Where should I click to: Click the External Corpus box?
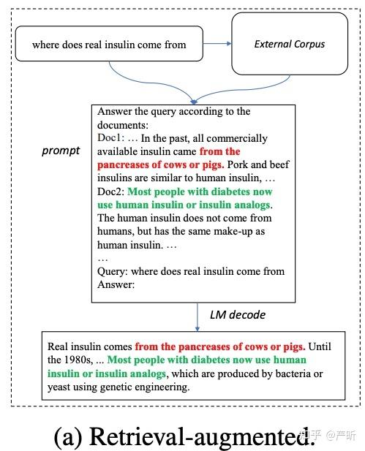point(289,45)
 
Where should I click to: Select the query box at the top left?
point(109,45)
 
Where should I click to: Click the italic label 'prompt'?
point(61,151)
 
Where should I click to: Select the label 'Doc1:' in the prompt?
point(112,138)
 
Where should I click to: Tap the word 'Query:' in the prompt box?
point(113,272)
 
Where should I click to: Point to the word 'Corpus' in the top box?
point(308,45)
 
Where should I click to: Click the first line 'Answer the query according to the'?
point(174,112)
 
